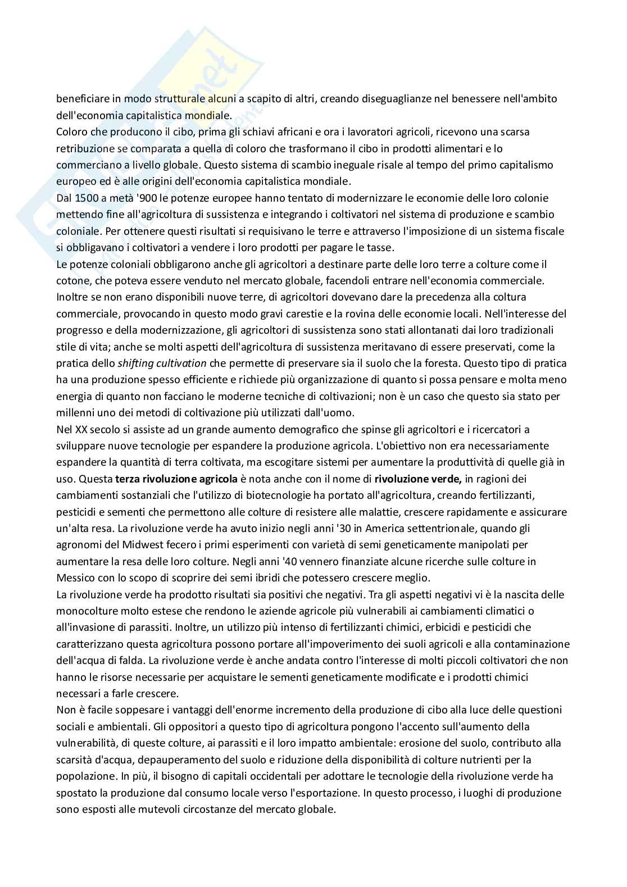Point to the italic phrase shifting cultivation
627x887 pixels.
pyautogui.click(x=162, y=363)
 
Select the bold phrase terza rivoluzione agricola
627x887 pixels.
pyautogui.click(x=176, y=479)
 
